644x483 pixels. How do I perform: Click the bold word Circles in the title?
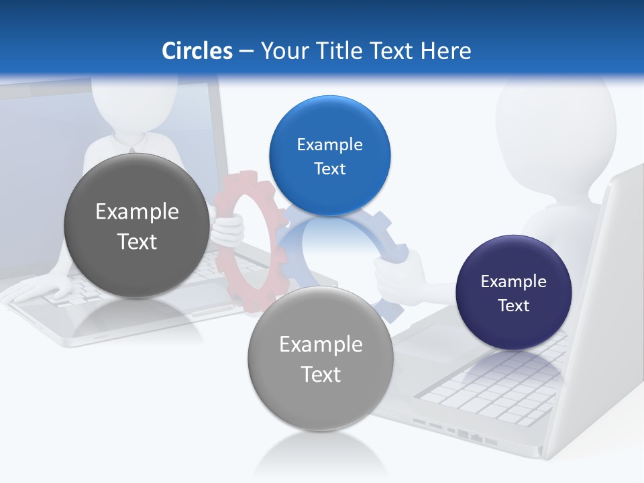(x=197, y=51)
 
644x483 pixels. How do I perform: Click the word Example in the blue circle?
(x=329, y=145)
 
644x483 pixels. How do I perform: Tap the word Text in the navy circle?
(x=514, y=306)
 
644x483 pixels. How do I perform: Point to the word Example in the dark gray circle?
(x=137, y=212)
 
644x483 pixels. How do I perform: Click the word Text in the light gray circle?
(x=321, y=374)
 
